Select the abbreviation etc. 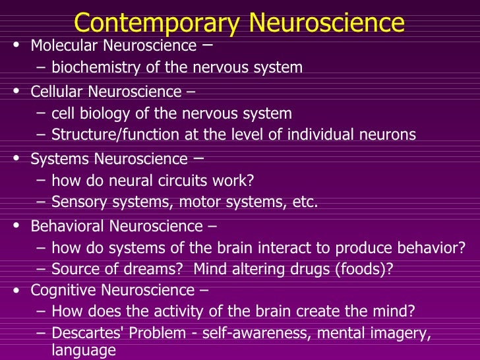[305, 202]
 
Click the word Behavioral [68, 226]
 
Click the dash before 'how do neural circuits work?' [42, 179]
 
